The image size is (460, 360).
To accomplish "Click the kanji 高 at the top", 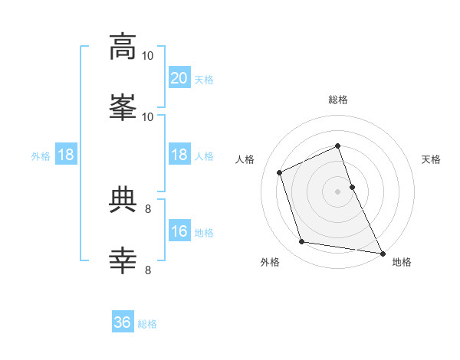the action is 123,47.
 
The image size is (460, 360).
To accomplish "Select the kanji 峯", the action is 123,107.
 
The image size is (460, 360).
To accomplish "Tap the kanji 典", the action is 123,199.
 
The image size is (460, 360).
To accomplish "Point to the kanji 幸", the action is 123,260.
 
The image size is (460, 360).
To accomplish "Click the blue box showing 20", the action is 179,77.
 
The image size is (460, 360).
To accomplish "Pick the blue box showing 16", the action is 179,230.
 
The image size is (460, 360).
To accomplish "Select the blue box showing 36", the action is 123,321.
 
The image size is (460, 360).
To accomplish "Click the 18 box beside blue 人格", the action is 179,154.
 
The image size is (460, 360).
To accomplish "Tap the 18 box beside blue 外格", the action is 66,154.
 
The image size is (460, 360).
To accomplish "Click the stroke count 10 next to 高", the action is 147,56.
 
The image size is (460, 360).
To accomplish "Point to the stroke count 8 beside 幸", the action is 148,270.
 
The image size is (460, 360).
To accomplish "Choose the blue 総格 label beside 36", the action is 147,324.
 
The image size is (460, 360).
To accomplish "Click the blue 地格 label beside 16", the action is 204,233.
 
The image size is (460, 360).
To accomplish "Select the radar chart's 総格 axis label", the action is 338,100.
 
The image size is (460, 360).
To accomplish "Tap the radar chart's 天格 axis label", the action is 431,159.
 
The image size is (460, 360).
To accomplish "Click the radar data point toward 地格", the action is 383,254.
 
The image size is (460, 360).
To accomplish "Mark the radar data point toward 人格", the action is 280,172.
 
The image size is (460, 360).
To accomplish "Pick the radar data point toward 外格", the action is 302,241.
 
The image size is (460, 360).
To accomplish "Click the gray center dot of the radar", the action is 337,191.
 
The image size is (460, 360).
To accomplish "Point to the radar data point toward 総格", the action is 337,146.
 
